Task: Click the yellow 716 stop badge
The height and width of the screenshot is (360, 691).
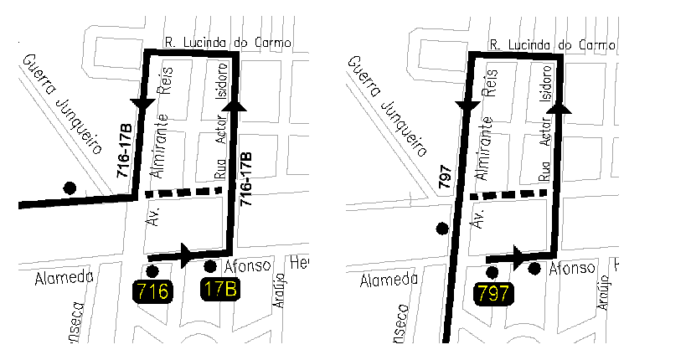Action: (153, 292)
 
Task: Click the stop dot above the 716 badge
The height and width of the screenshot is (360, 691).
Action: (152, 271)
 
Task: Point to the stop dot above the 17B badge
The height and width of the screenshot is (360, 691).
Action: (209, 267)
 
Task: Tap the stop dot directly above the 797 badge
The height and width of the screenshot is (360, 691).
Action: (492, 272)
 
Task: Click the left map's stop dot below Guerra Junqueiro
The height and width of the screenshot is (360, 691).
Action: (70, 187)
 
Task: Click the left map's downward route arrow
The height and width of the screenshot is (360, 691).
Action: (143, 103)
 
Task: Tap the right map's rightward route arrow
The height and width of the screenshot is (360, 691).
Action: (518, 255)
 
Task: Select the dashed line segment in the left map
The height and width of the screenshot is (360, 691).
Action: (183, 192)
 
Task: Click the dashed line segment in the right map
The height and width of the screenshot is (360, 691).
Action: (508, 193)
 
